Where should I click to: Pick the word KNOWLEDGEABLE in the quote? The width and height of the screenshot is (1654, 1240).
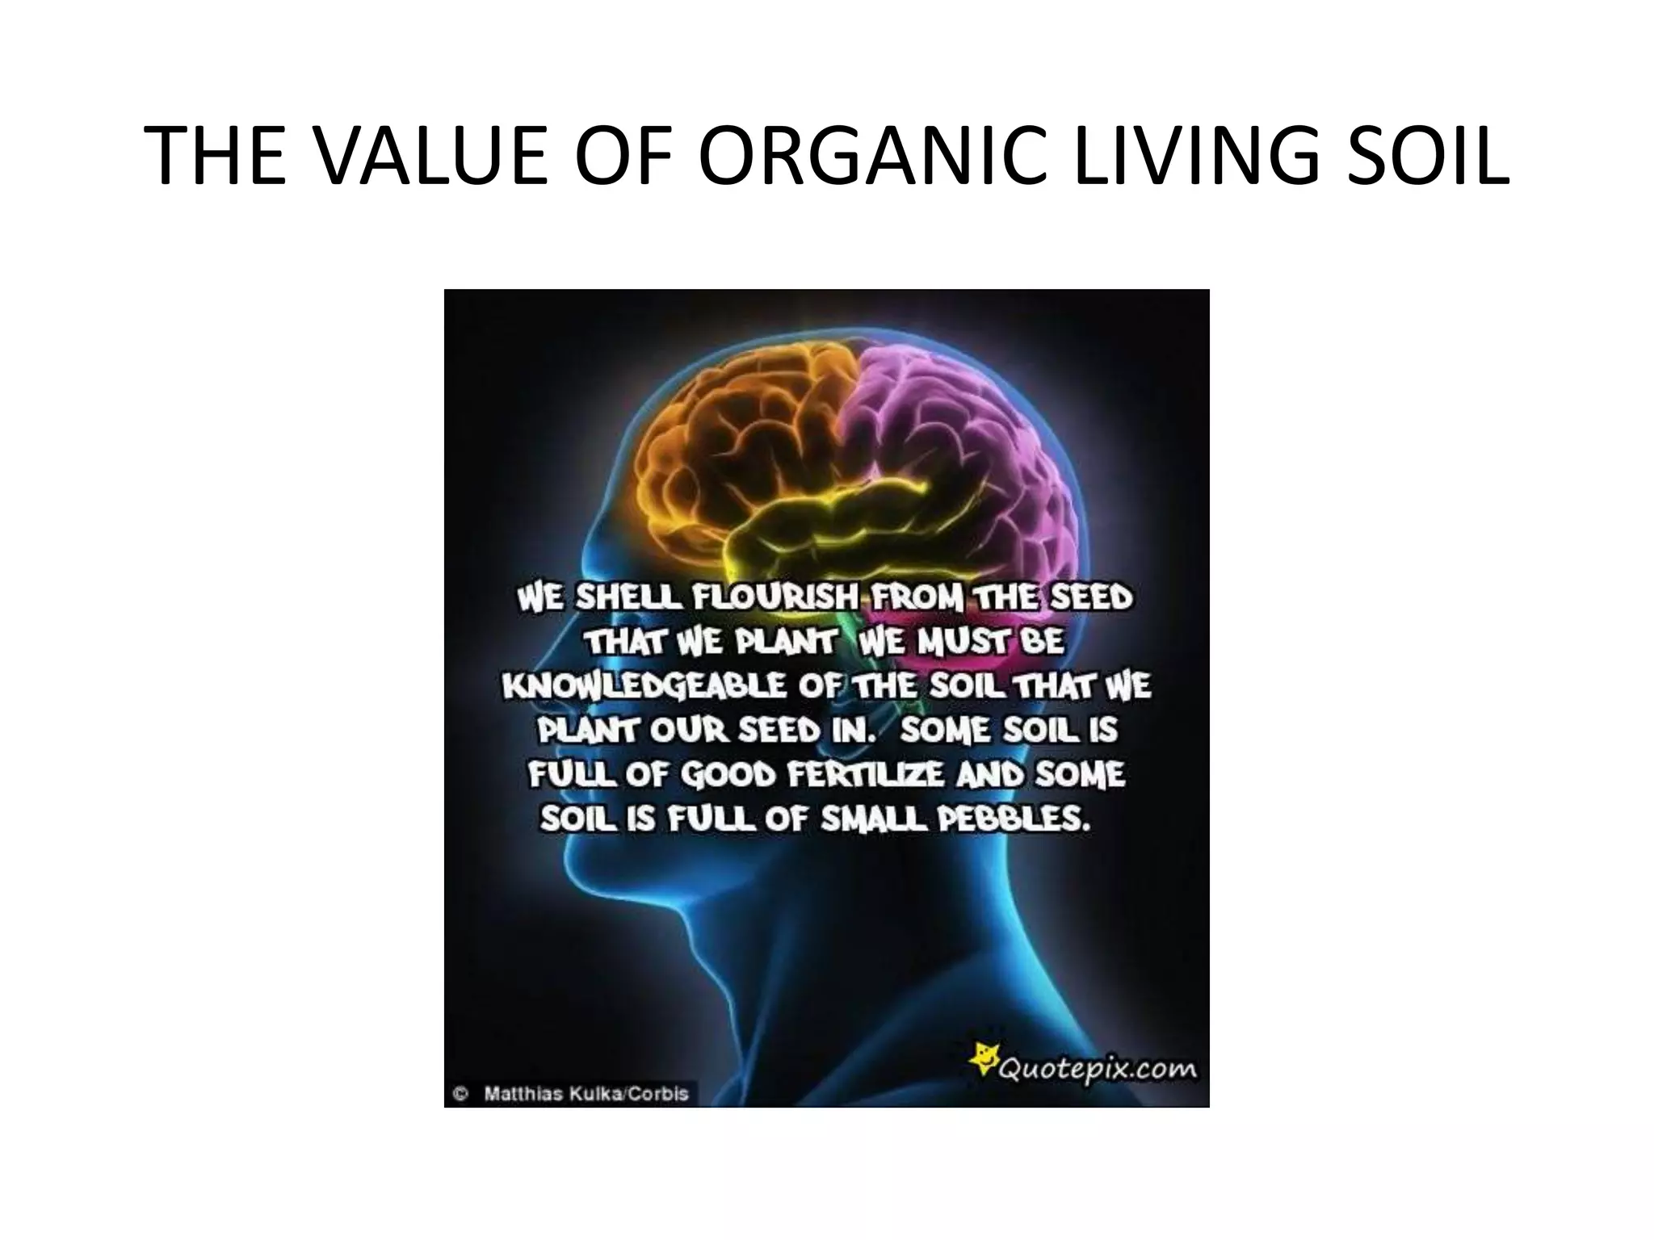tap(643, 687)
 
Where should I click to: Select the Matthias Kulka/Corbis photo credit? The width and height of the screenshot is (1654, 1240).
tap(586, 1094)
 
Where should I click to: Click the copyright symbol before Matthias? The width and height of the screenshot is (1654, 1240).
tap(461, 1094)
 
